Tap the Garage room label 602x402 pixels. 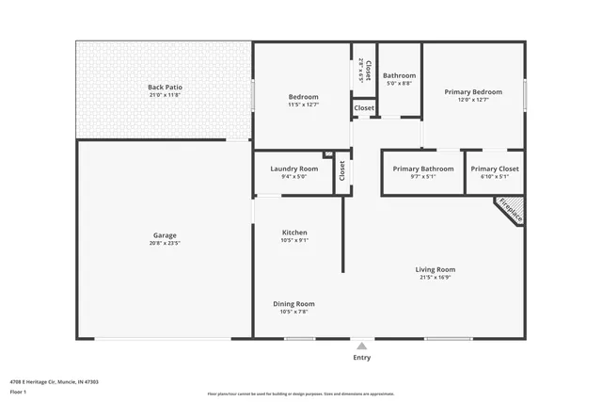(165, 235)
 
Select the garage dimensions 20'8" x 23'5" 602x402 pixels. (165, 243)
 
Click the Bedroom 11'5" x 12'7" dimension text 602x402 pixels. (303, 105)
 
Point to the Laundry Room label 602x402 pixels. (293, 169)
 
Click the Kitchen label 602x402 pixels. (294, 233)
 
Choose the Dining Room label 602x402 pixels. (293, 304)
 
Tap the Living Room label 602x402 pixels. (436, 270)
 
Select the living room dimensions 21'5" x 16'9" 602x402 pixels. (436, 278)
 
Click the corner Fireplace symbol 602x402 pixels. (512, 209)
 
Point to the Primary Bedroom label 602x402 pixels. (473, 91)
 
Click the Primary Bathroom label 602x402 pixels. (422, 169)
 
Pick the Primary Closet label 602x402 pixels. (495, 169)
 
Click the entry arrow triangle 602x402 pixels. (361, 346)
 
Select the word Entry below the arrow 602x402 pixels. (361, 358)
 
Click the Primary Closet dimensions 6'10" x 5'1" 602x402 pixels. (495, 176)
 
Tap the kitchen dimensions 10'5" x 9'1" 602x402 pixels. (294, 240)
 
